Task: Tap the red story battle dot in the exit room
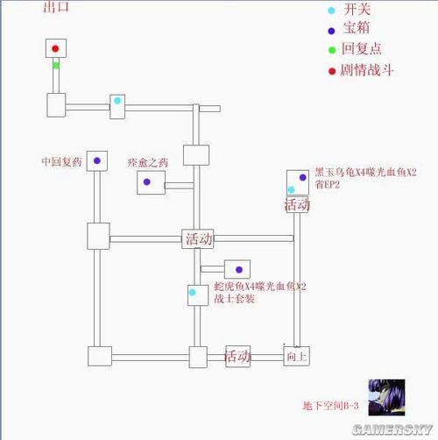(55, 48)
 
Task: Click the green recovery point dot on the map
(55, 65)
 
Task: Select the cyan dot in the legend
(331, 11)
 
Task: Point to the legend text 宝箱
(357, 29)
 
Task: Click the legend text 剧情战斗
(369, 69)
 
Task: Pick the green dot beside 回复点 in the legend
(331, 49)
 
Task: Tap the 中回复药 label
(61, 161)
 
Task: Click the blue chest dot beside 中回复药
(99, 161)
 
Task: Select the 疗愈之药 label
(146, 161)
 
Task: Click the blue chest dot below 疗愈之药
(147, 182)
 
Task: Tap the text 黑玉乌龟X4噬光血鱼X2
(365, 172)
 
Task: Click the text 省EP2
(327, 185)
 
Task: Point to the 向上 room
(296, 357)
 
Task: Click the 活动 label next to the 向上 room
(238, 357)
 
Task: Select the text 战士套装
(234, 299)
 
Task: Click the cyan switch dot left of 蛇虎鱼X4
(192, 291)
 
